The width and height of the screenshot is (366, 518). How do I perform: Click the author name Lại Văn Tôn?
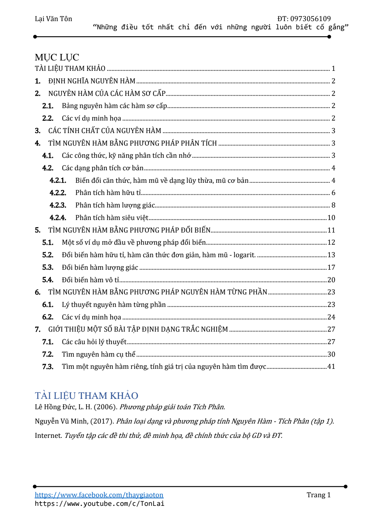(x=53, y=19)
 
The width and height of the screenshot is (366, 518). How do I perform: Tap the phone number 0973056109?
(x=310, y=19)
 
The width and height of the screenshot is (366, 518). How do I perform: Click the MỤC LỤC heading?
(x=57, y=57)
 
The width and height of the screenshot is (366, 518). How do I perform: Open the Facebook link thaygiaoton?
(x=99, y=495)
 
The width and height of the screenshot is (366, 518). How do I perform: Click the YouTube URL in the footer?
(x=99, y=504)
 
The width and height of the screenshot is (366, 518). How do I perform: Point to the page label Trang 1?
(x=318, y=495)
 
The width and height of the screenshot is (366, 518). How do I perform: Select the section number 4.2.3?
(x=58, y=205)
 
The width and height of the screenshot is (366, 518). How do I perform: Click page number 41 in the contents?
(x=331, y=366)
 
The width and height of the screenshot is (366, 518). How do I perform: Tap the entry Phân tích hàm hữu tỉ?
(x=108, y=193)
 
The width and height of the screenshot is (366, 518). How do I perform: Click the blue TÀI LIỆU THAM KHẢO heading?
(x=86, y=396)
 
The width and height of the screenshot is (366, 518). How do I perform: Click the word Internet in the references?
(x=48, y=436)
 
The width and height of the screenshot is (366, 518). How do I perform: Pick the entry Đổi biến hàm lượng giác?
(x=100, y=268)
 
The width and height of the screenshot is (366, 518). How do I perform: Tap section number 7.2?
(x=48, y=355)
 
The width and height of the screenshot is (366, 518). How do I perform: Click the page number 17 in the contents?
(x=331, y=268)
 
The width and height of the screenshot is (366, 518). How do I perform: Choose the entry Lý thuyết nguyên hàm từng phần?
(x=114, y=305)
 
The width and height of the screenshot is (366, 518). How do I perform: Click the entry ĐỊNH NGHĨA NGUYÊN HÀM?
(x=92, y=81)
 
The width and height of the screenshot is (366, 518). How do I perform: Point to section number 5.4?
(x=48, y=280)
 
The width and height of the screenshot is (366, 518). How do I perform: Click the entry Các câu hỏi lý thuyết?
(x=94, y=342)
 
